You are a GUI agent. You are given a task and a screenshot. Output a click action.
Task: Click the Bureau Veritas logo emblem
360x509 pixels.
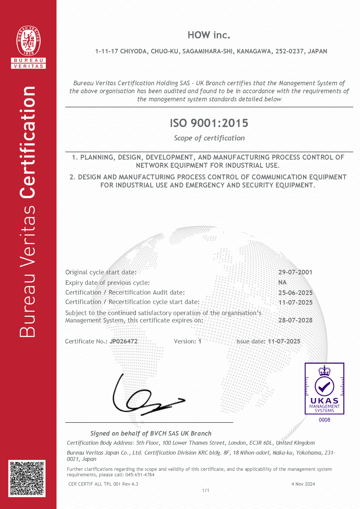click(29, 41)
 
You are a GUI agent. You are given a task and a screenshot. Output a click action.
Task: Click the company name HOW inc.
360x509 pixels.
click(209, 35)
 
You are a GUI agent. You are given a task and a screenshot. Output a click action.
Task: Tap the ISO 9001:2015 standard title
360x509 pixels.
click(209, 123)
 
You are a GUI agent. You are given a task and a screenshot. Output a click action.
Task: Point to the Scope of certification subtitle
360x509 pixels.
click(209, 138)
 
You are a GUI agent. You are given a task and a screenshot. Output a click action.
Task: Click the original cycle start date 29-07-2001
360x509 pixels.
click(295, 272)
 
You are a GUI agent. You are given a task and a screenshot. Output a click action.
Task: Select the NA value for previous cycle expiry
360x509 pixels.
click(282, 283)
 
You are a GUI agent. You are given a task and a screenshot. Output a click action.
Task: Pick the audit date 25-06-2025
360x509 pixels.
click(295, 293)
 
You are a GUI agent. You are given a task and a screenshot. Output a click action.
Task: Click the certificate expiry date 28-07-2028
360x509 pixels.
click(295, 320)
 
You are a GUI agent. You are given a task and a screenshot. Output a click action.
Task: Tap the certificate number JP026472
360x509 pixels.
click(123, 341)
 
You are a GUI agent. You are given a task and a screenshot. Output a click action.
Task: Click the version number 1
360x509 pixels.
click(200, 341)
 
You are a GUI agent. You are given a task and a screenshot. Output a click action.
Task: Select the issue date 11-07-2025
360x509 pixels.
click(284, 341)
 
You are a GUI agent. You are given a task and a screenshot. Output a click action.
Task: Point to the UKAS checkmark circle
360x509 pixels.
click(324, 386)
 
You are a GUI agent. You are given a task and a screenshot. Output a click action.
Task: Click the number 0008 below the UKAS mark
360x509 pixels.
click(324, 420)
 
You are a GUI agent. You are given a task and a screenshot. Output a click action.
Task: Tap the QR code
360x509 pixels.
click(27, 478)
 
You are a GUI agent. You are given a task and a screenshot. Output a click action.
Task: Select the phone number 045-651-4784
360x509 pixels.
click(140, 475)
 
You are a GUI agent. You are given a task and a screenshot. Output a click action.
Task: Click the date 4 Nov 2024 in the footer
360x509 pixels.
click(303, 484)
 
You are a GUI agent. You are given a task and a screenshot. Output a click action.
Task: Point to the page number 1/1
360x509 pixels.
click(206, 491)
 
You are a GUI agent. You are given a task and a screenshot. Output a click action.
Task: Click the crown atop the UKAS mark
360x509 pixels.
click(324, 370)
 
